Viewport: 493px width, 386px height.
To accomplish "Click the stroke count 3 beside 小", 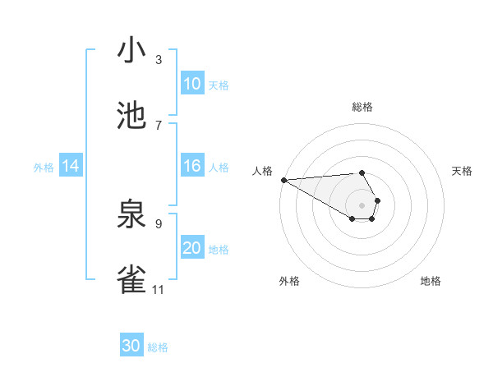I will click(x=159, y=59).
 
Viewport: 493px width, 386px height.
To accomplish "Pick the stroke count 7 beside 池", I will click(x=159, y=125).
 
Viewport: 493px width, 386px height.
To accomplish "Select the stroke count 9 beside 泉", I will click(x=159, y=223).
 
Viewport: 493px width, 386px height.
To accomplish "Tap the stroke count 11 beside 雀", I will click(x=159, y=289).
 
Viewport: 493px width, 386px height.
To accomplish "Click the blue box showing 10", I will click(x=192, y=84).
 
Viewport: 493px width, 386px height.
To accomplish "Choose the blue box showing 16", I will click(x=192, y=166).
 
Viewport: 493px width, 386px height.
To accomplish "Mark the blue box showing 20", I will click(x=192, y=248).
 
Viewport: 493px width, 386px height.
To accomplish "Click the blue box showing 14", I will click(x=71, y=166).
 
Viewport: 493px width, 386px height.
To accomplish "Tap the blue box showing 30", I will click(x=131, y=346).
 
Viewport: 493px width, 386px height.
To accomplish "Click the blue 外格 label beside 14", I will click(x=44, y=167).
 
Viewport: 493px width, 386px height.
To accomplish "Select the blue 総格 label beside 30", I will click(x=158, y=347).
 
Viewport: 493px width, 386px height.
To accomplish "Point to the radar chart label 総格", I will click(x=362, y=107).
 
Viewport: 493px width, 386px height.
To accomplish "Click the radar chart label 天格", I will click(x=462, y=171).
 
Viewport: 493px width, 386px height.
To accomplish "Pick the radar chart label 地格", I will click(x=431, y=281).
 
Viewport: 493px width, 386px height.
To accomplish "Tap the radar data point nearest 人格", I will click(x=283, y=180).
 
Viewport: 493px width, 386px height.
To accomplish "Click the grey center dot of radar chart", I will click(x=362, y=204).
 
